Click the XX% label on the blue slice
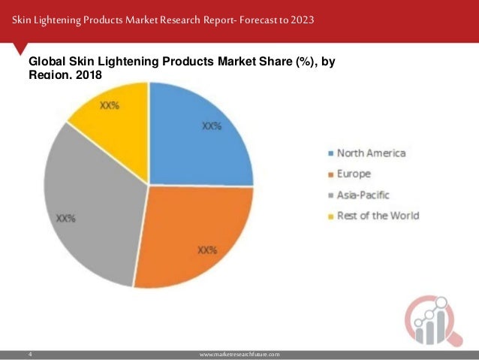point(212,126)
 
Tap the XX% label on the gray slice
point(66,219)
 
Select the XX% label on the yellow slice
point(110,106)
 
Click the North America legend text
point(371,153)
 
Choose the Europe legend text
point(355,174)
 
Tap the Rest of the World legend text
point(378,216)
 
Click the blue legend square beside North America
point(330,154)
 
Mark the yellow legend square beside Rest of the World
point(330,216)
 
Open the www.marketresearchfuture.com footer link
point(239,352)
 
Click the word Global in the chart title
point(47,62)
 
